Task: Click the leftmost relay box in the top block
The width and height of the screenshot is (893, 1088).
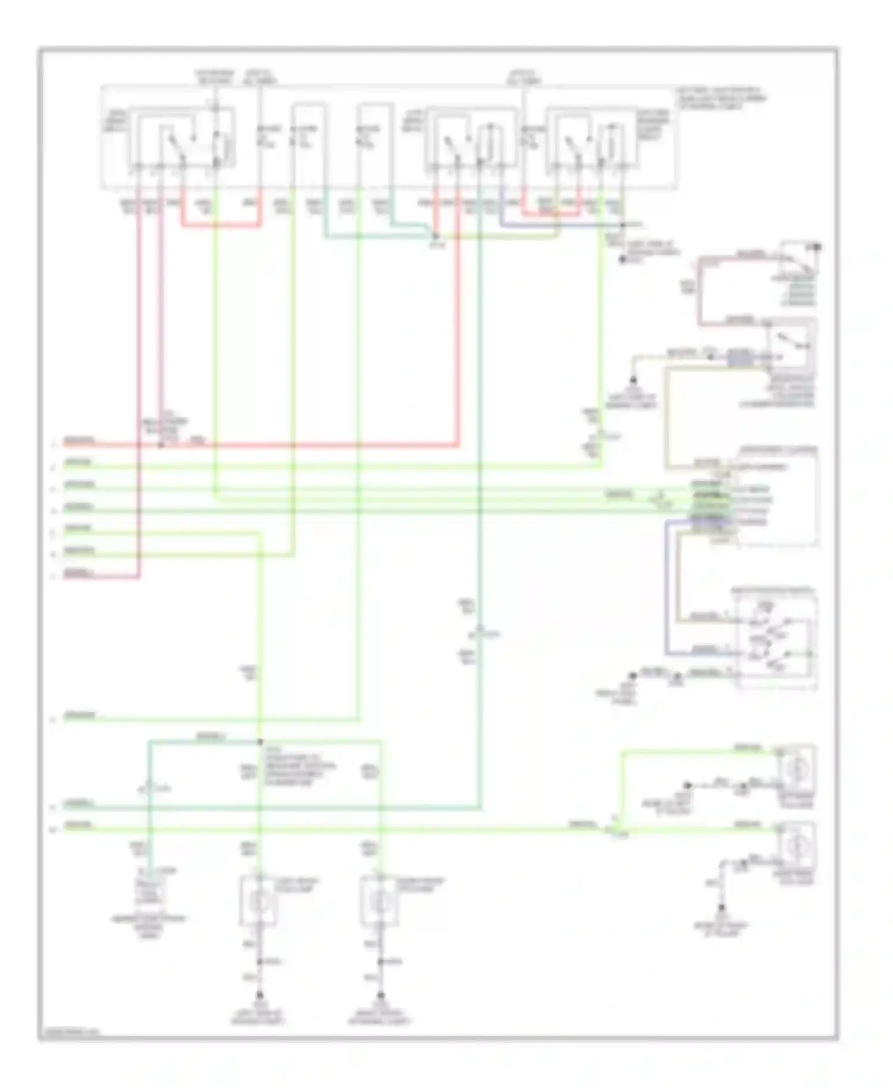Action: point(182,138)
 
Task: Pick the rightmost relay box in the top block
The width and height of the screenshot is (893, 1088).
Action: point(589,139)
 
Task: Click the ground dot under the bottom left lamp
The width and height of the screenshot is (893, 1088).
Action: point(259,995)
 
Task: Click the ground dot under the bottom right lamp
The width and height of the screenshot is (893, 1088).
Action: point(380,995)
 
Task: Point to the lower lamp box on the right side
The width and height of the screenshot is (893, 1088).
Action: point(795,845)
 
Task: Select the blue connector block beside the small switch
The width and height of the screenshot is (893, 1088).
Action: point(739,358)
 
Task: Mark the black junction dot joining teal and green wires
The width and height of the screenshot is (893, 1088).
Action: point(260,742)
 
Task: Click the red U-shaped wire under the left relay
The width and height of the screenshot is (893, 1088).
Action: point(220,225)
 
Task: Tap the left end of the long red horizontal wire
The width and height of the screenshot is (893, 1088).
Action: point(67,444)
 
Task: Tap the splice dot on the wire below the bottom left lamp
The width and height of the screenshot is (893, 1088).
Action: point(259,962)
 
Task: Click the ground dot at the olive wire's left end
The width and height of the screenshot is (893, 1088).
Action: point(633,379)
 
